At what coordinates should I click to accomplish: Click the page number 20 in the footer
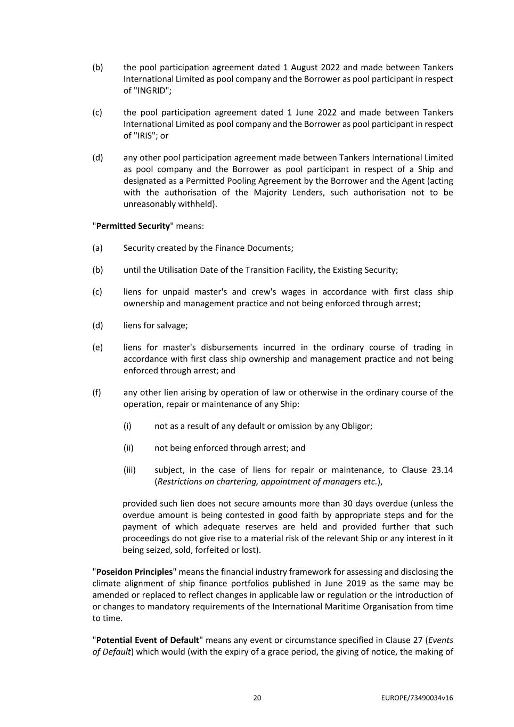257,698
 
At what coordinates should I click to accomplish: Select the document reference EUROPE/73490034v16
417,698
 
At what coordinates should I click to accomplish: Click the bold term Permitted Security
133,226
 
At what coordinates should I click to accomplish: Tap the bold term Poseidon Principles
134,572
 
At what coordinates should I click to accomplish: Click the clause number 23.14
442,470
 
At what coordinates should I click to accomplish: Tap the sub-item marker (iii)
129,470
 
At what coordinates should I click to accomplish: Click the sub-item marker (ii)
128,448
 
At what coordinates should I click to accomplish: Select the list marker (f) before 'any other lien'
97,393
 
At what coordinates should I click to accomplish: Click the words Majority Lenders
290,192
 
